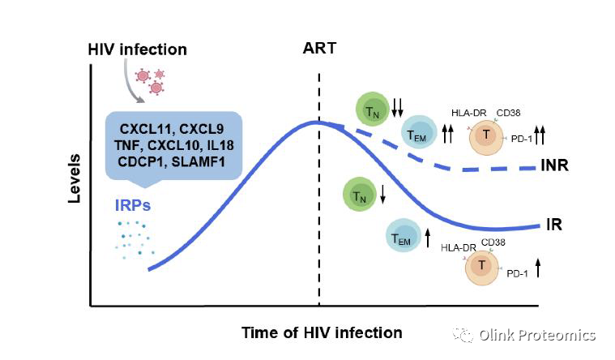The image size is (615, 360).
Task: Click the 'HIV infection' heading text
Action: (x=137, y=49)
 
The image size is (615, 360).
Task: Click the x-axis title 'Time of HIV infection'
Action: (x=321, y=332)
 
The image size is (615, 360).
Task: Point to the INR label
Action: (x=553, y=166)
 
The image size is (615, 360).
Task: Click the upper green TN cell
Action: (x=372, y=109)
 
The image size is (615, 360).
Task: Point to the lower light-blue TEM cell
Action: (x=401, y=236)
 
